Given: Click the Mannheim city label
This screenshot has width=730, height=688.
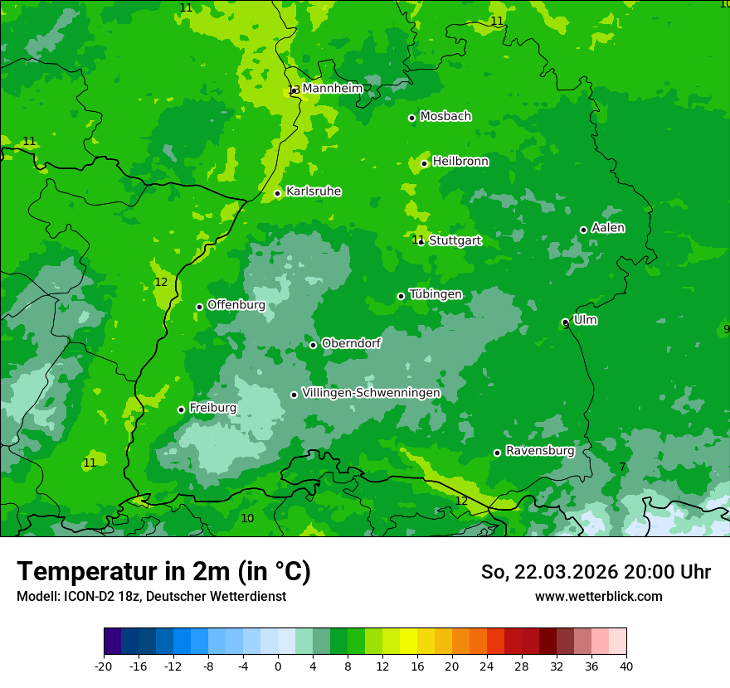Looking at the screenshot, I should point(332,88).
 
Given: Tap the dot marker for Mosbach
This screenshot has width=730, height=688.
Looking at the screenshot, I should point(411,118).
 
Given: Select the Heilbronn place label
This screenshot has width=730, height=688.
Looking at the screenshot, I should point(460,162).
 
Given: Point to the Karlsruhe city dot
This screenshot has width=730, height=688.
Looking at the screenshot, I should point(278,194).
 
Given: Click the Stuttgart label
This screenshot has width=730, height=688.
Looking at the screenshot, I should point(455,240).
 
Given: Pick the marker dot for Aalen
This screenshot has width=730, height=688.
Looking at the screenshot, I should point(583,230).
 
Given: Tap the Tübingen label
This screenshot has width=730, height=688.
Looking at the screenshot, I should point(436,294).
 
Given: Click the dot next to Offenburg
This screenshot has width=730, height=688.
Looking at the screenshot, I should point(199,307).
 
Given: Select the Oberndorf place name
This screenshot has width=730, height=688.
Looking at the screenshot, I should point(352,343).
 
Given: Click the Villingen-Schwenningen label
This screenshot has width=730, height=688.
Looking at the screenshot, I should point(371,393).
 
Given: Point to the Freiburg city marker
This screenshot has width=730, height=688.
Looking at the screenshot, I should point(181,409).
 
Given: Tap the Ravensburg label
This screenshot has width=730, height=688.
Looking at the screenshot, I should point(540,451).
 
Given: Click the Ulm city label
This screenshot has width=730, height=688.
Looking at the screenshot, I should point(586,320).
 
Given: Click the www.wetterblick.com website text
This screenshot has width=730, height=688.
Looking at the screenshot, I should point(599,596).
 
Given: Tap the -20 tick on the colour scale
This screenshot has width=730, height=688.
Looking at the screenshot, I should point(104,666).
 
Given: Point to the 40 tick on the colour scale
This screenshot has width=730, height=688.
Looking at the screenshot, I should point(626,666).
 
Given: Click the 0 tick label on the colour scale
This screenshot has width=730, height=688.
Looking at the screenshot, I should point(278,666).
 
